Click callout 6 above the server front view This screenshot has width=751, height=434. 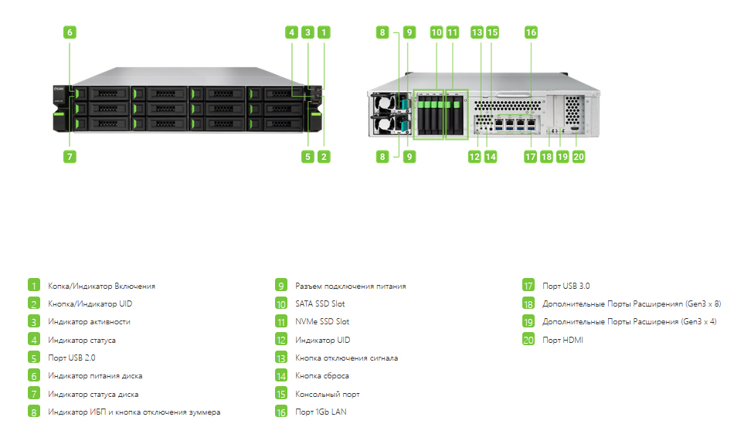click(70, 32)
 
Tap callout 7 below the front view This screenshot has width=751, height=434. click(70, 157)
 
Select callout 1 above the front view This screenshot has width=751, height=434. click(324, 32)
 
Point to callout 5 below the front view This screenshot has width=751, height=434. click(308, 157)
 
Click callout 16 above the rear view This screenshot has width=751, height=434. click(531, 32)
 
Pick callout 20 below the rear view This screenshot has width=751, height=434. click(579, 157)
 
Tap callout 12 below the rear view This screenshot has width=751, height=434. click(474, 157)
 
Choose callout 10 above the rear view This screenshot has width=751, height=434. click(437, 32)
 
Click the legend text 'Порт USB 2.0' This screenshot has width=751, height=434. click(72, 358)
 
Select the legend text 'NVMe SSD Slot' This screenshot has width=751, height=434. click(322, 321)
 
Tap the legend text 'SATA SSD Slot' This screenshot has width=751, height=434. click(320, 303)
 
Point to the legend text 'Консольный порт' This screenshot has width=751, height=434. click(327, 395)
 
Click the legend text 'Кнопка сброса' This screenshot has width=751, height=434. click(322, 376)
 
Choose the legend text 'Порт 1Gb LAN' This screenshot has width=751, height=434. click(321, 412)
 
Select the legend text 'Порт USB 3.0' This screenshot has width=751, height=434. click(566, 287)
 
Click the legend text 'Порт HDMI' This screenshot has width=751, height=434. click(562, 341)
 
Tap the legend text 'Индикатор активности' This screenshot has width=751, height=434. click(89, 322)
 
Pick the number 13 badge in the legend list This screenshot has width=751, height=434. click(281, 358)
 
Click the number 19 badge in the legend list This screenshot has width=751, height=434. click(528, 321)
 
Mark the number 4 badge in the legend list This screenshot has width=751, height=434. click(33, 340)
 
